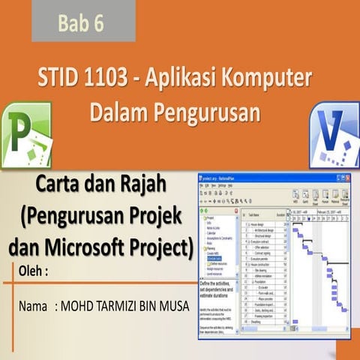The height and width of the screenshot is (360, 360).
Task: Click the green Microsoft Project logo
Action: point(25,136)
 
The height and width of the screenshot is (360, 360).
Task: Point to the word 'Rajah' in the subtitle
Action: point(148,184)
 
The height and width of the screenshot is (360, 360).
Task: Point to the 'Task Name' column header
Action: point(258,214)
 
